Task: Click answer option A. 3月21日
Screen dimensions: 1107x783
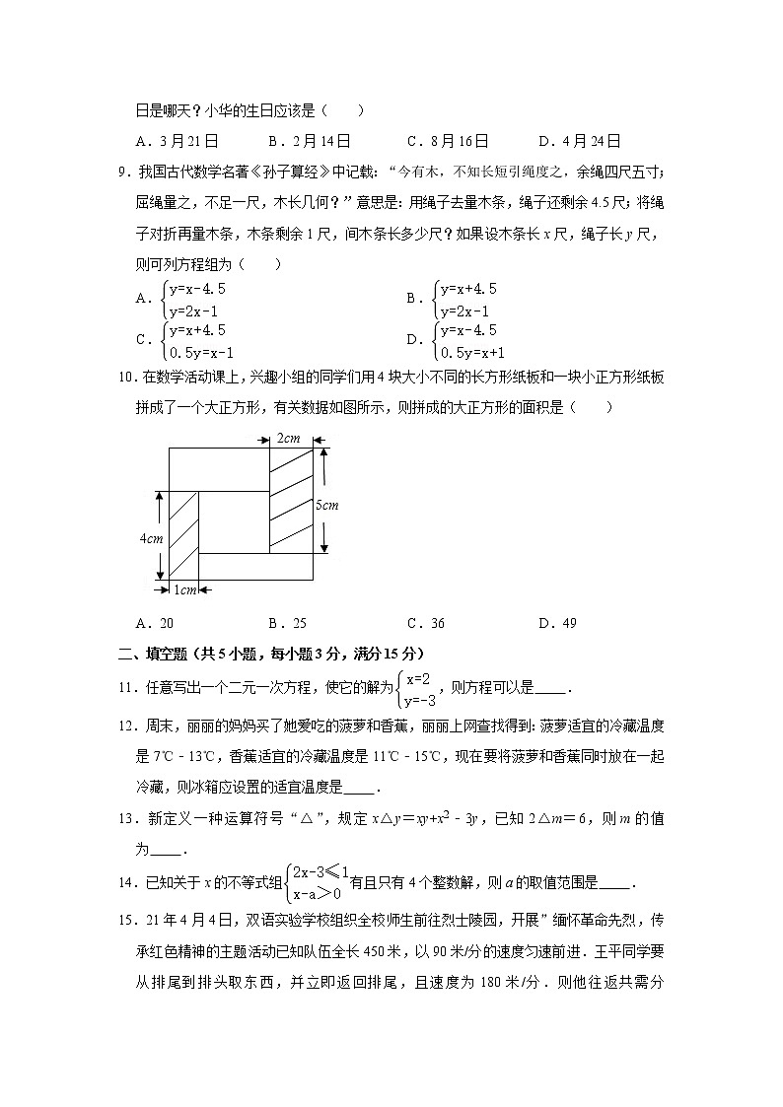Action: click(x=178, y=141)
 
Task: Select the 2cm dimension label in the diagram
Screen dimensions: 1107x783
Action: click(x=289, y=437)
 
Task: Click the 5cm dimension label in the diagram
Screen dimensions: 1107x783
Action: click(x=326, y=505)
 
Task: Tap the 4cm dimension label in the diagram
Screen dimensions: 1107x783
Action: click(x=150, y=538)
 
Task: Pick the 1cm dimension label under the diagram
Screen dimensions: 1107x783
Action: click(x=185, y=589)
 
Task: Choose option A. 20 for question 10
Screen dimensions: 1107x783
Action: click(x=158, y=623)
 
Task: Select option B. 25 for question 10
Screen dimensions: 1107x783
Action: click(x=287, y=623)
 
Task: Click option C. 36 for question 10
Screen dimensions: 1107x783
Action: click(x=425, y=623)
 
